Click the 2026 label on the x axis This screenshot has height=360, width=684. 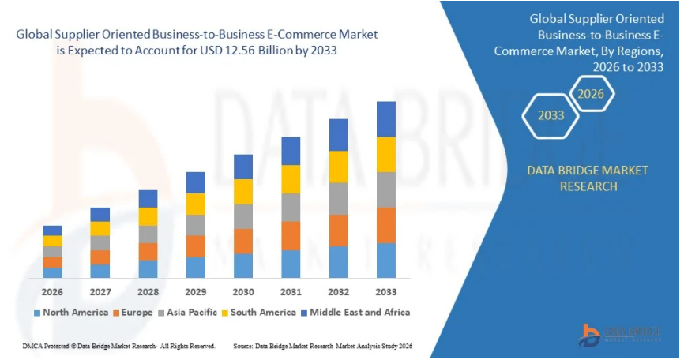pos(52,291)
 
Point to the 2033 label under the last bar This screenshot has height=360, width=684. pos(385,291)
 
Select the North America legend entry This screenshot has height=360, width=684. pos(70,313)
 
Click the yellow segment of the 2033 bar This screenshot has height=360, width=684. pos(385,155)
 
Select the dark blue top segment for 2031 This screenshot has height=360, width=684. pos(291,151)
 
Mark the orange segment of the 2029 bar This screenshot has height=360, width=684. pos(195,246)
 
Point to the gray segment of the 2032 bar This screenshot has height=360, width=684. pos(338,198)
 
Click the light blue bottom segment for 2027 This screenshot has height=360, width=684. pos(100,271)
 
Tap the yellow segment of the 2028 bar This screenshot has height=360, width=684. pos(148,216)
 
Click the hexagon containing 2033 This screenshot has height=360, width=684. pos(551,115)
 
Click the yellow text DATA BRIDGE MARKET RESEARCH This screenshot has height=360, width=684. pos(588,178)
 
